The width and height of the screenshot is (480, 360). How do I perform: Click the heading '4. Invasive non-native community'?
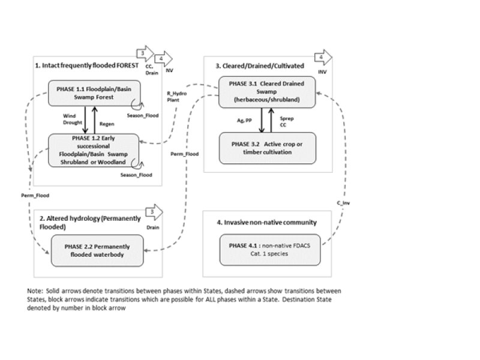pyautogui.click(x=266, y=223)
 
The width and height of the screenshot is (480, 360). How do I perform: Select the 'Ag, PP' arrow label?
pyautogui.click(x=245, y=121)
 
